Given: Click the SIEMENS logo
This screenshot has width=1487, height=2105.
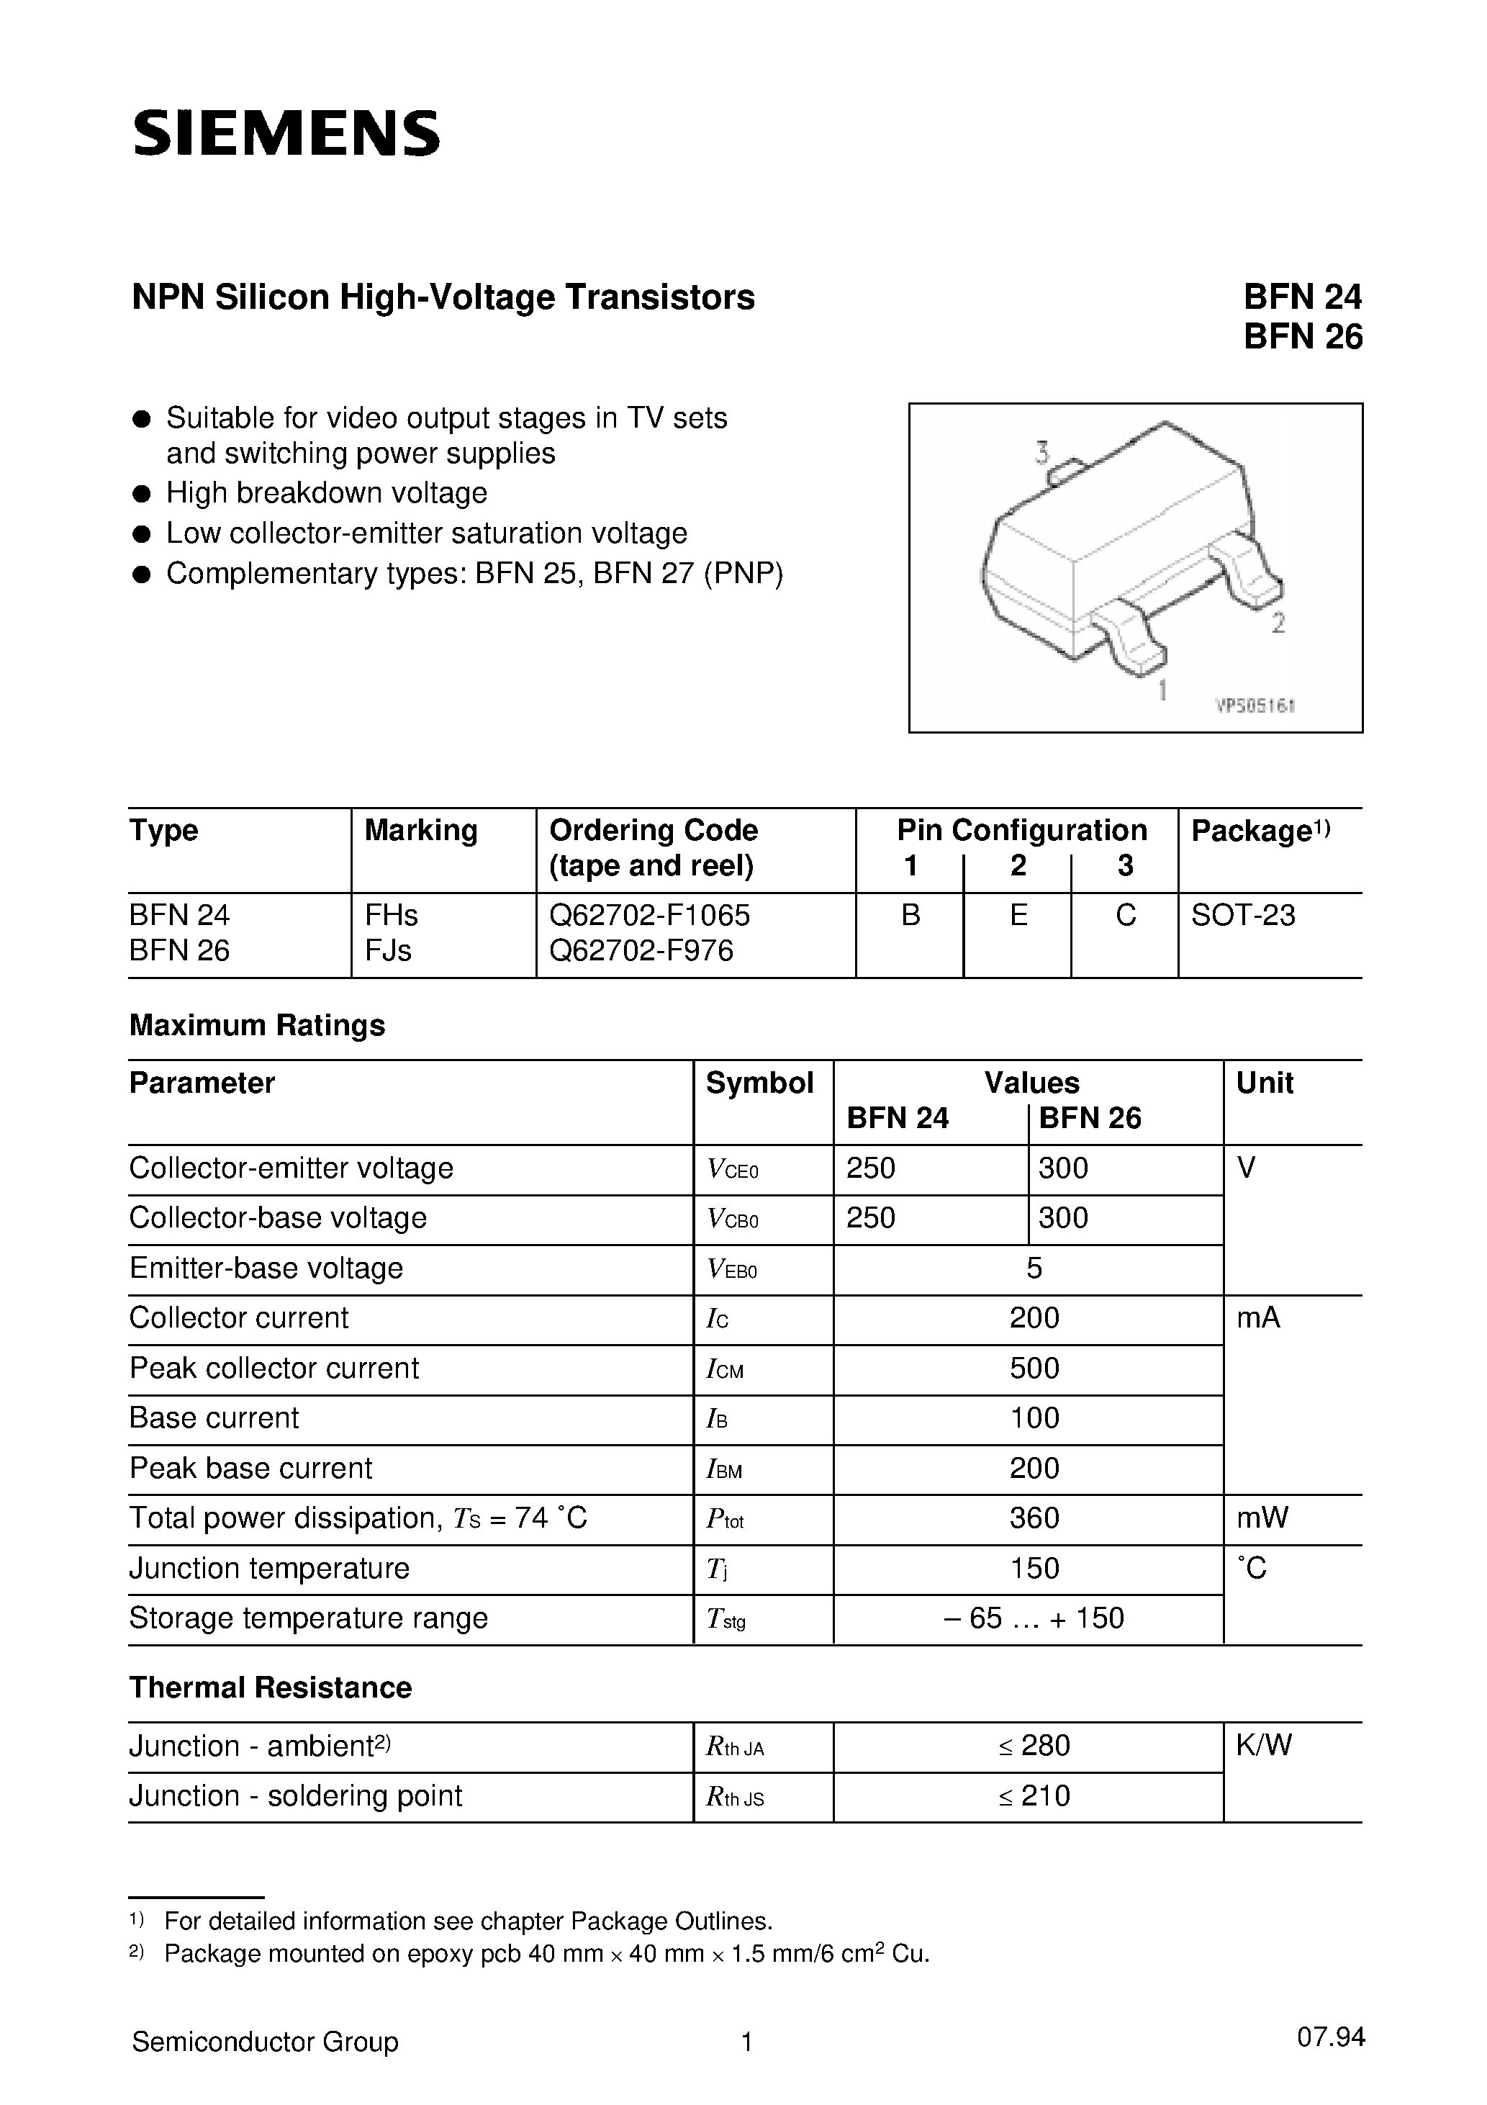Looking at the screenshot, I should (286, 133).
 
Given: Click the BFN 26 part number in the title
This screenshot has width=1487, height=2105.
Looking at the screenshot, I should (1302, 338).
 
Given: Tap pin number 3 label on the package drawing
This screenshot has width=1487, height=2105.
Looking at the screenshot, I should (1042, 452).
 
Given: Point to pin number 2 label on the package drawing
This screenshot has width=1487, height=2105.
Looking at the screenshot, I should (1278, 623).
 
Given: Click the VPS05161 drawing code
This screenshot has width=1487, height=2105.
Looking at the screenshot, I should (1254, 706).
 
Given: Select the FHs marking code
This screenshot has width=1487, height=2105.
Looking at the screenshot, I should (392, 915).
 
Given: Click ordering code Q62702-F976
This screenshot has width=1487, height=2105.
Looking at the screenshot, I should (641, 951).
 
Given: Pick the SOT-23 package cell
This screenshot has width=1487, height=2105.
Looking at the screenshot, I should (1242, 915).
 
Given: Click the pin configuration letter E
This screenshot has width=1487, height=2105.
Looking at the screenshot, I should (1018, 915).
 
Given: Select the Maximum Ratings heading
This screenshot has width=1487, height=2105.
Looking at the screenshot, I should (257, 1025).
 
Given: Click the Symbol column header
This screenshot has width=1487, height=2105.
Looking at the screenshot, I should (759, 1083).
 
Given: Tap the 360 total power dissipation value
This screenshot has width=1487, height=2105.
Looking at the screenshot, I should (1034, 1518).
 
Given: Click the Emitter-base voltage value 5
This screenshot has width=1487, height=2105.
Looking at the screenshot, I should (1034, 1268).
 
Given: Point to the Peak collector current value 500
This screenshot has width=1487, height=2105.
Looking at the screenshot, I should (1034, 1368).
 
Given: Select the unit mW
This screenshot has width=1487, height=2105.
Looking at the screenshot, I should (1262, 1518).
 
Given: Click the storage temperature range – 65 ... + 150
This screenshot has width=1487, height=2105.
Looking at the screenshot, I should (1034, 1618).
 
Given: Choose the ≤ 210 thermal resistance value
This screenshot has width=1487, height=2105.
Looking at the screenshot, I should (1034, 1796).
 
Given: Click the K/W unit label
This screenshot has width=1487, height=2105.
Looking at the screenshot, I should (1263, 1746).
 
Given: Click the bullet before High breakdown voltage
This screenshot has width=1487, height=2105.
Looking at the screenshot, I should (141, 494).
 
